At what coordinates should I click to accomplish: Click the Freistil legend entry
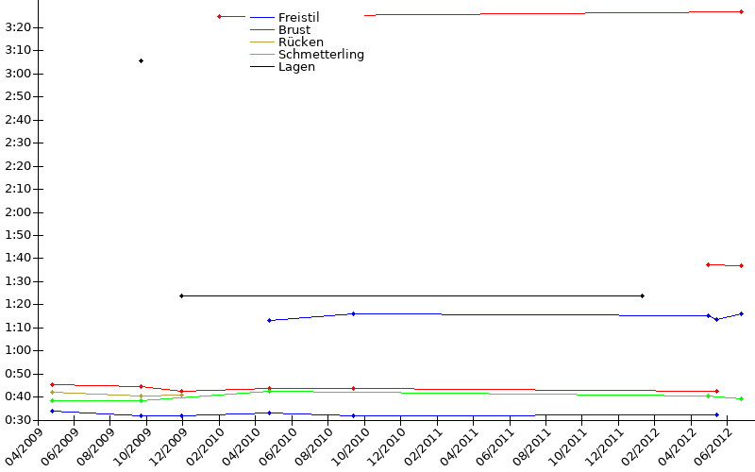tap(298, 17)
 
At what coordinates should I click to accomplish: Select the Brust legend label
tap(294, 30)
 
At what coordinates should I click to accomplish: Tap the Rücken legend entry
tap(300, 42)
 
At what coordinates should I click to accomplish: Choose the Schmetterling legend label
tap(321, 55)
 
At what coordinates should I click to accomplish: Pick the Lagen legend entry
tap(296, 67)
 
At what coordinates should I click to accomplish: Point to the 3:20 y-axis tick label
tap(18, 27)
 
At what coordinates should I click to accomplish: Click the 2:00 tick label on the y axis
tap(18, 212)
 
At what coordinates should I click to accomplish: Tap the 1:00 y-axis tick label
tap(18, 350)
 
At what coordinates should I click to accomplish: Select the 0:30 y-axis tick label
tap(18, 420)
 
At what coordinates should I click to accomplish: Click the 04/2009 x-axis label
tap(23, 447)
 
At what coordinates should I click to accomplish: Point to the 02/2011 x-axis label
tap(422, 447)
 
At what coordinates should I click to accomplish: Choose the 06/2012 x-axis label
tap(713, 447)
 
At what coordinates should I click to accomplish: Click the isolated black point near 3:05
tap(141, 61)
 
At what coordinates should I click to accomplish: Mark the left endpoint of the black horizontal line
tap(181, 295)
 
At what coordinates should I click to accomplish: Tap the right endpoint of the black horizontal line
tap(643, 295)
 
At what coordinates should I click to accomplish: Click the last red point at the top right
tap(742, 11)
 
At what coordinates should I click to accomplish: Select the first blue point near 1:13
tap(269, 320)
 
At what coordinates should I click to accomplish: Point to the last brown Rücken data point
tap(181, 395)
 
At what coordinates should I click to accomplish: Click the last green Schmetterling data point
tap(742, 398)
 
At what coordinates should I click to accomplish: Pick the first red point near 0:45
tap(53, 385)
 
